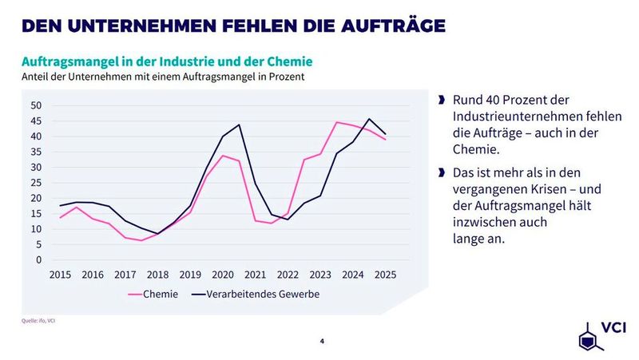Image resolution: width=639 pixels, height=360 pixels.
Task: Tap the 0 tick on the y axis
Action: click(38, 260)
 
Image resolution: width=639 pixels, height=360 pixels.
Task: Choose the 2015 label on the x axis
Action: click(60, 275)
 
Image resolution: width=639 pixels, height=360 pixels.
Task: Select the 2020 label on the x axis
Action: click(224, 275)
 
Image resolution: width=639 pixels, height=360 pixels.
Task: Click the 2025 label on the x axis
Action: click(385, 275)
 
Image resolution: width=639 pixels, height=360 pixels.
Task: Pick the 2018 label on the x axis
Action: click(158, 275)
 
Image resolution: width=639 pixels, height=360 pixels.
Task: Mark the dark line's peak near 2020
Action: click(240, 125)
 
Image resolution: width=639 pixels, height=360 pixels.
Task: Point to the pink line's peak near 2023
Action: click(337, 122)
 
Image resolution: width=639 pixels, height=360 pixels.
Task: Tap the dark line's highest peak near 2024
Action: click(369, 119)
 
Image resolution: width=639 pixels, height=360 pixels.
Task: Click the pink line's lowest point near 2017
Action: click(141, 240)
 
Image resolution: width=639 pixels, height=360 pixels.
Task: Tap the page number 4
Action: click(322, 342)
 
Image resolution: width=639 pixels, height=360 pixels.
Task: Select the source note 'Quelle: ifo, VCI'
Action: click(38, 321)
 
